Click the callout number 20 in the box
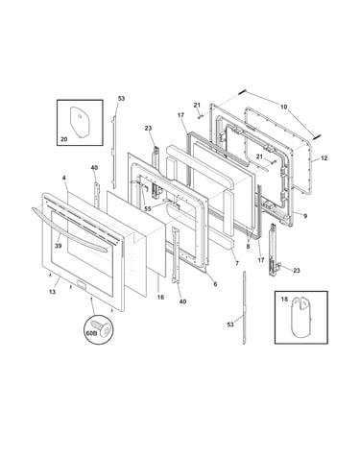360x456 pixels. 63,139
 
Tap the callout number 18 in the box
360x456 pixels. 284,300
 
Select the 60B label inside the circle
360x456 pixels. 91,333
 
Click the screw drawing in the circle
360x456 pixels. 104,328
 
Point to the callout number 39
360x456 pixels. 59,246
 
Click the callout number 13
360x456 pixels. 52,292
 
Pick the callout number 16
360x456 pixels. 160,297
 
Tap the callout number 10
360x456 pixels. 284,107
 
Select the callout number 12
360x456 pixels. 324,158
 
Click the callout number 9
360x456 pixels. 305,216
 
